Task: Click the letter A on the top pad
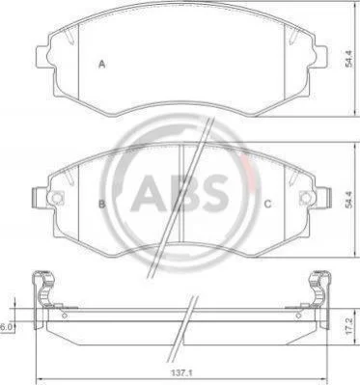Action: [102, 65]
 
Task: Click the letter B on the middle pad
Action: [101, 204]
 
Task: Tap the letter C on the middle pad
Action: [267, 204]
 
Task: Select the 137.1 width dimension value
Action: [180, 373]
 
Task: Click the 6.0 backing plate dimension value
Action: [6, 327]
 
